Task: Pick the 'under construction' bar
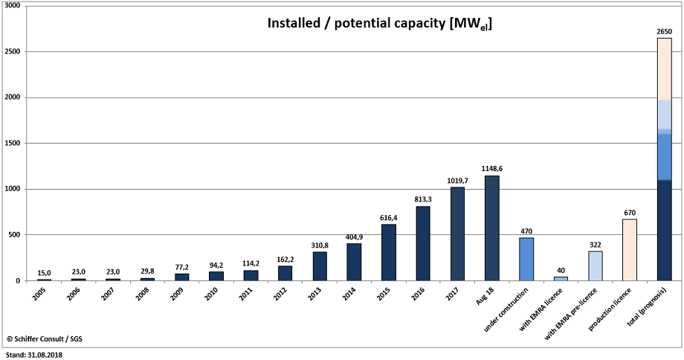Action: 526,259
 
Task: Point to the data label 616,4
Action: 389,217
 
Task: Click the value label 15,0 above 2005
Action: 44,272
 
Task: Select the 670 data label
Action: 630,213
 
